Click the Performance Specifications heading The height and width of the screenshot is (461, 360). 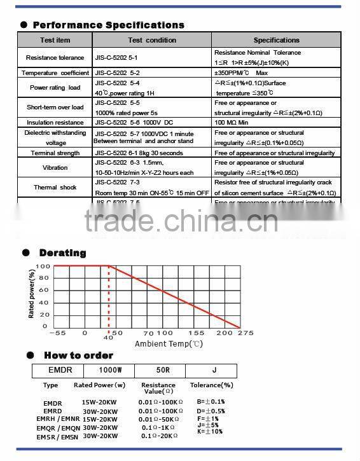108,25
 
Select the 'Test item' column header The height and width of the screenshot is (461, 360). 55,40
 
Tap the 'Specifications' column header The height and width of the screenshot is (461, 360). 276,40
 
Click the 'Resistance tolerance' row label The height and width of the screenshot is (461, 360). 55,58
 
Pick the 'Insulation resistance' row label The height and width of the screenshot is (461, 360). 55,123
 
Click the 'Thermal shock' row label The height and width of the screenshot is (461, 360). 55,188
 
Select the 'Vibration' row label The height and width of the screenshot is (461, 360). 55,168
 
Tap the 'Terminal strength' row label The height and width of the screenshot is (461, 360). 55,153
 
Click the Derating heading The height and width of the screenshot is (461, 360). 62,253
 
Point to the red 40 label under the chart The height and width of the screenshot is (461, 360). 108,338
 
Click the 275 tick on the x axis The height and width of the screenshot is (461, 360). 246,333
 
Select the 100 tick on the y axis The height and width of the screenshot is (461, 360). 42,266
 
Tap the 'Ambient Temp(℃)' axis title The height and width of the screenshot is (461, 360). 169,344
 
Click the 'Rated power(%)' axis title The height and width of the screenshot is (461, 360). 32,294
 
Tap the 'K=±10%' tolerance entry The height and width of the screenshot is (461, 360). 211,432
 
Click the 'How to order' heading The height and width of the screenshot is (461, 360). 78,355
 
